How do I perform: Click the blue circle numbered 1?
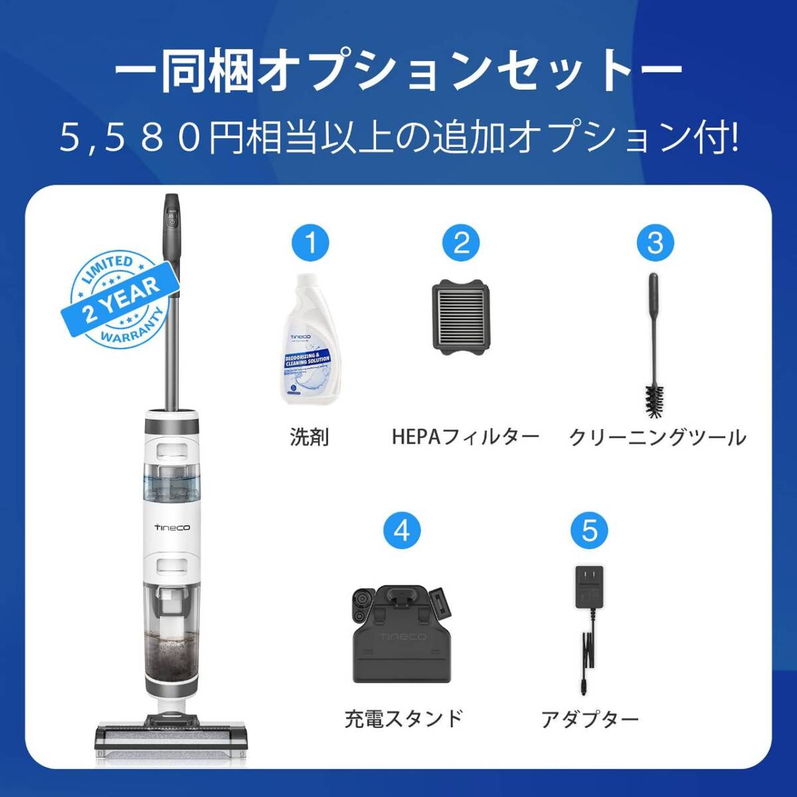click(310, 242)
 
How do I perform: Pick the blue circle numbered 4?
click(402, 531)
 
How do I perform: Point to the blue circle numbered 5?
click(589, 531)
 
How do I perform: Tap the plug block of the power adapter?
click(589, 586)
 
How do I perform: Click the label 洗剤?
click(310, 437)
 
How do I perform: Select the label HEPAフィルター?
click(465, 437)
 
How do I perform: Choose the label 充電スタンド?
click(403, 719)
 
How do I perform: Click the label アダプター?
click(590, 719)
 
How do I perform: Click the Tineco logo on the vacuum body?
click(171, 527)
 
